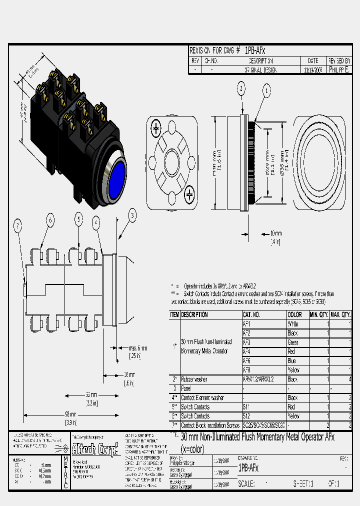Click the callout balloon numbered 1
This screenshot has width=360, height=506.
pos(266,91)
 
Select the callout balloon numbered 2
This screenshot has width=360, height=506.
pos(241,89)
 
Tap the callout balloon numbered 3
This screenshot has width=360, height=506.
pos(132,216)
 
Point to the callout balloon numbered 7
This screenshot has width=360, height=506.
pos(18,227)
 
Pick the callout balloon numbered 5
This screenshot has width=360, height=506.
pos(79,219)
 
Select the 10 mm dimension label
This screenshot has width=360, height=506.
pos(275,233)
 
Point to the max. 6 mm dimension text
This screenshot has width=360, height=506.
pos(138,348)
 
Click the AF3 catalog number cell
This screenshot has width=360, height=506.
pos(247,342)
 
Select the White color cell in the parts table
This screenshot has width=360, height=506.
pos(293,324)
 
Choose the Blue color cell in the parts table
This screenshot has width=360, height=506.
pos(292,360)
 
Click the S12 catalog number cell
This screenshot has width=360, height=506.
pos(247,416)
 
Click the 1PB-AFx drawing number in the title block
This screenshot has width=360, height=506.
pos(248,468)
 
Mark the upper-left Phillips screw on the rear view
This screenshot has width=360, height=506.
pos(156,129)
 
